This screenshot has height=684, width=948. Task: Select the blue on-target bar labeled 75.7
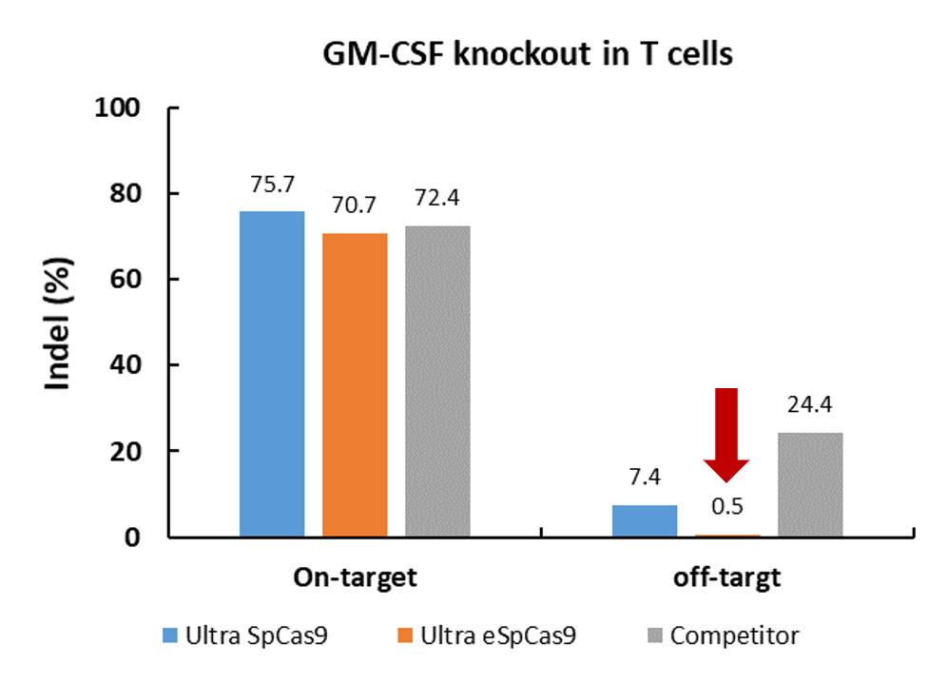pyautogui.click(x=272, y=374)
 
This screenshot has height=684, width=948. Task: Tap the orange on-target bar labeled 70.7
pyautogui.click(x=355, y=384)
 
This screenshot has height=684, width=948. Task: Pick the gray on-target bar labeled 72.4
pyautogui.click(x=437, y=381)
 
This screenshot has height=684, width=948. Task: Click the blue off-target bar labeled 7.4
pyautogui.click(x=644, y=521)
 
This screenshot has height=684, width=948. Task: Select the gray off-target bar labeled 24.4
pyautogui.click(x=809, y=485)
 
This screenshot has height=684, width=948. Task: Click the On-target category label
pyautogui.click(x=355, y=578)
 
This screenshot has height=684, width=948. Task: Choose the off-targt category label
pyautogui.click(x=726, y=578)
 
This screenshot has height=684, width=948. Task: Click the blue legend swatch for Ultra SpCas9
pyautogui.click(x=172, y=635)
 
